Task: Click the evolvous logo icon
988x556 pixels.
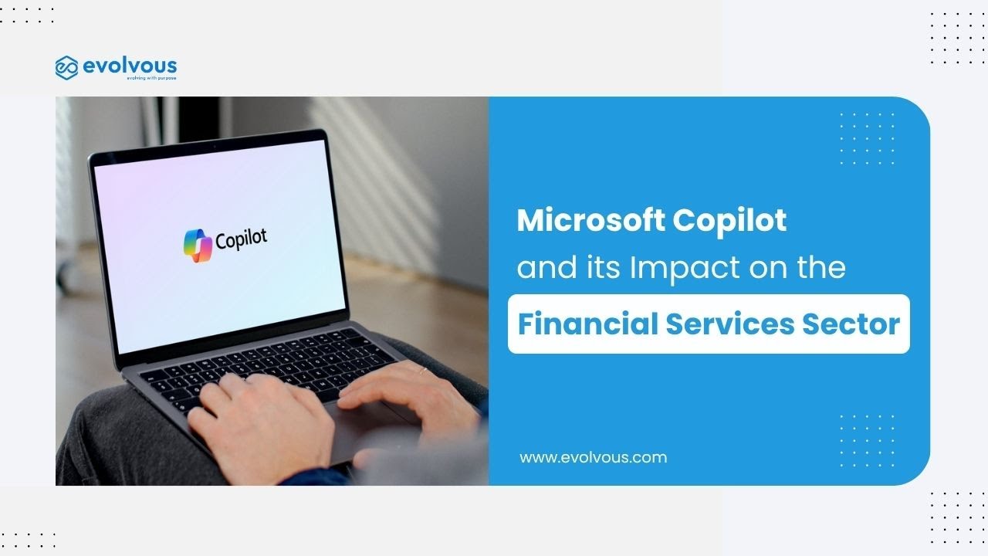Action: (67, 67)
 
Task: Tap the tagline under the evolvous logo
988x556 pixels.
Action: (151, 79)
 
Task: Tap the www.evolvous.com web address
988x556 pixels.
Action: (593, 457)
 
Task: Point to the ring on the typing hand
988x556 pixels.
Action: (422, 371)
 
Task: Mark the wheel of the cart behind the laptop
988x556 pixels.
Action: (67, 276)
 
